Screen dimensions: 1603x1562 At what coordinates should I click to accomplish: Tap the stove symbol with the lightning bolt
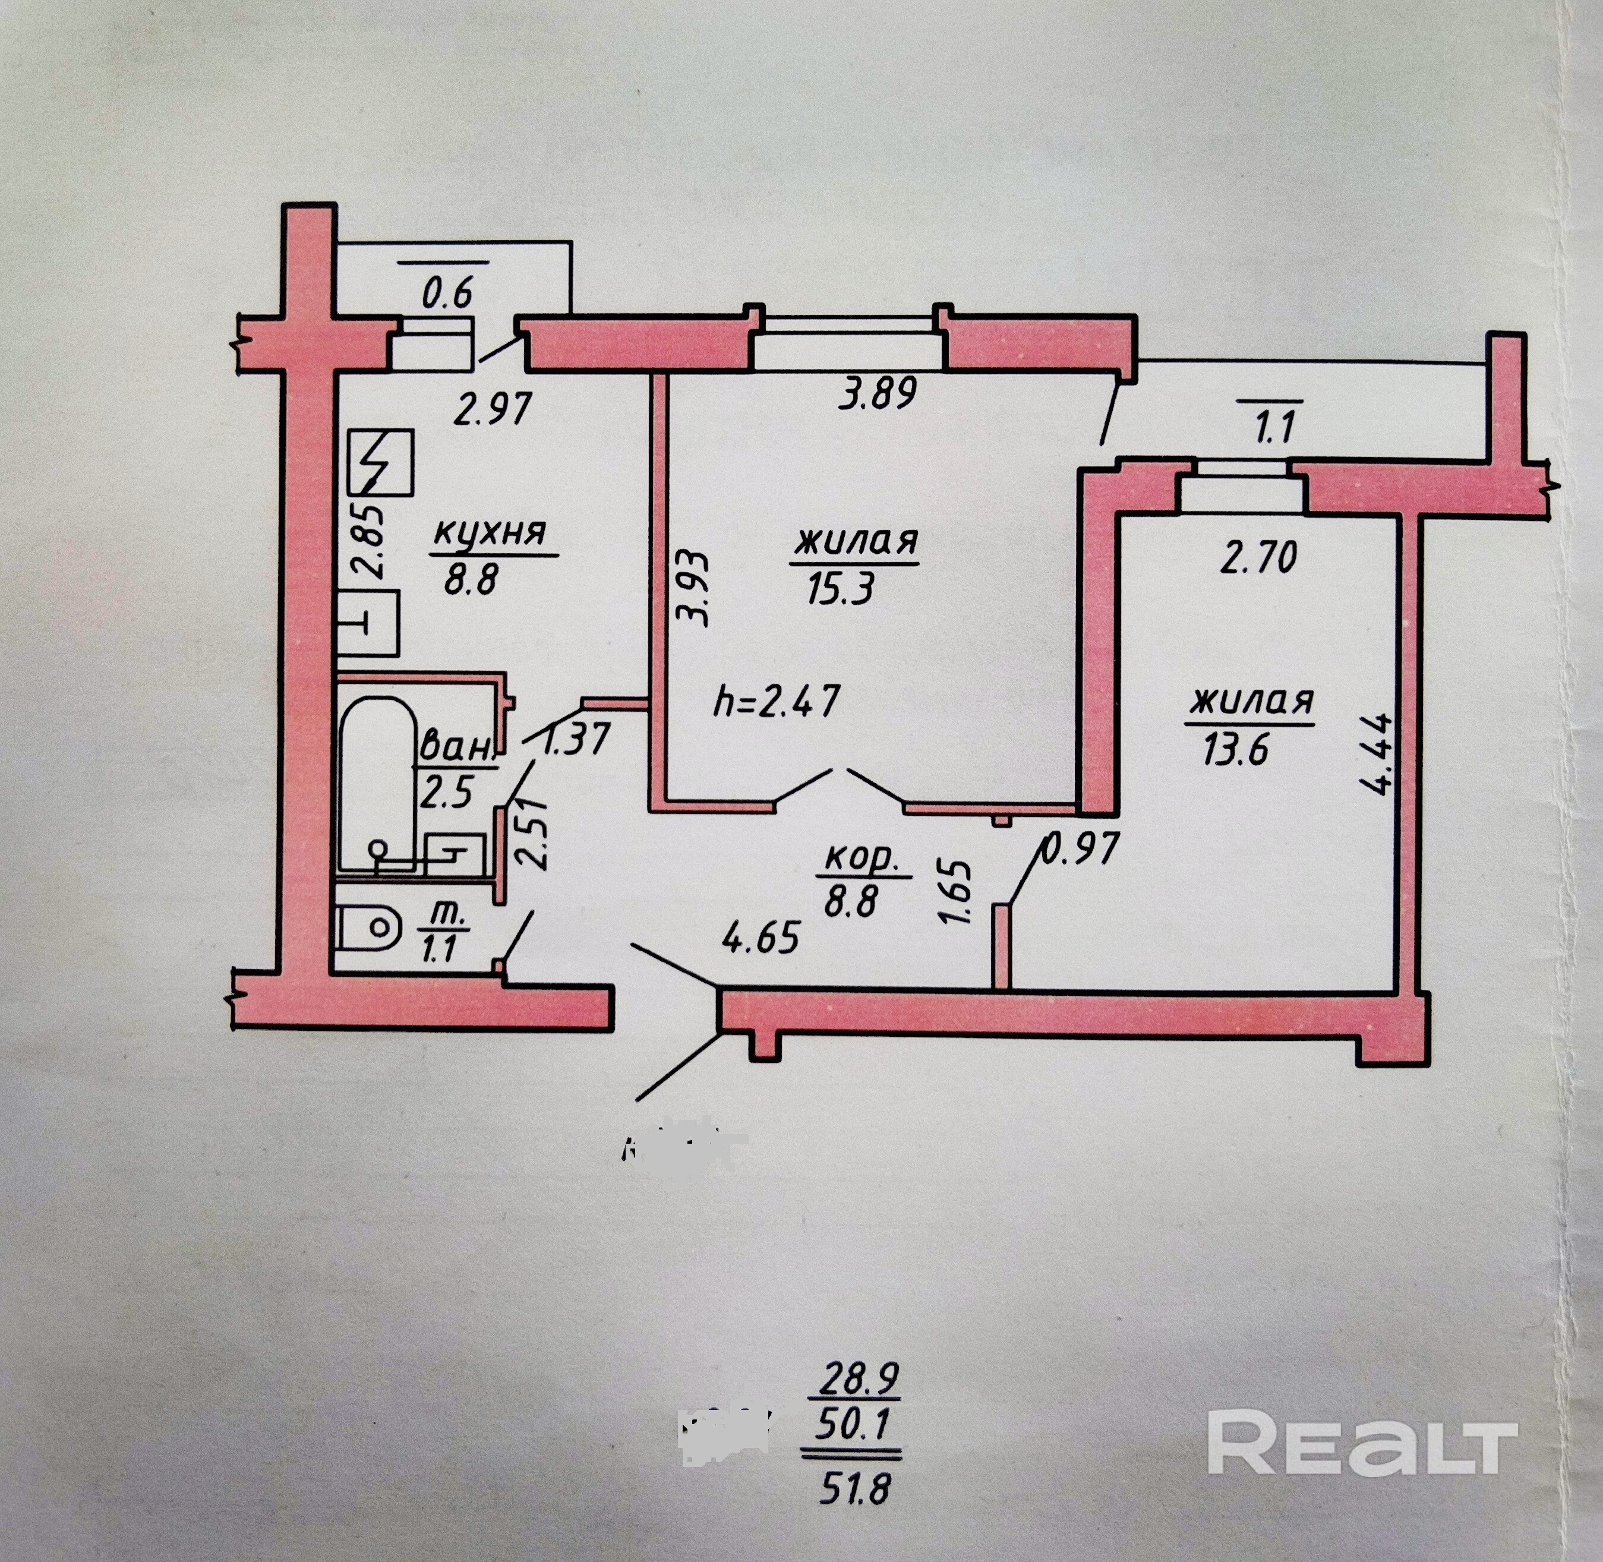[380, 463]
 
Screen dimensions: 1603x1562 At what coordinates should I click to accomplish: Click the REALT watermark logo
[1362, 1441]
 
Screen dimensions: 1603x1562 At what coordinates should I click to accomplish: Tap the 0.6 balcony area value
[447, 292]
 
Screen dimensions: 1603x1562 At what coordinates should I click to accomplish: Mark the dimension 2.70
[1258, 558]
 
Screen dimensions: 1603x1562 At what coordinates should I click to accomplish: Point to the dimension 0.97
[1080, 848]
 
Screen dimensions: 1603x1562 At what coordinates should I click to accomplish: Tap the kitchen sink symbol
[368, 623]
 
